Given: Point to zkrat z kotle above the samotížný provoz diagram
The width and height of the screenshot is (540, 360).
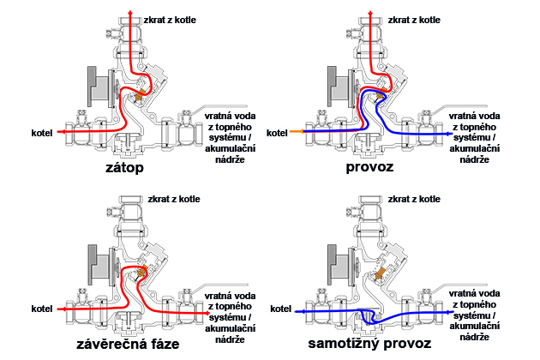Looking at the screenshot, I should pyautogui.click(x=417, y=199).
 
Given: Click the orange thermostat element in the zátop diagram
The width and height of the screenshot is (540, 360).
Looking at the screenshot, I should pyautogui.click(x=137, y=98).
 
